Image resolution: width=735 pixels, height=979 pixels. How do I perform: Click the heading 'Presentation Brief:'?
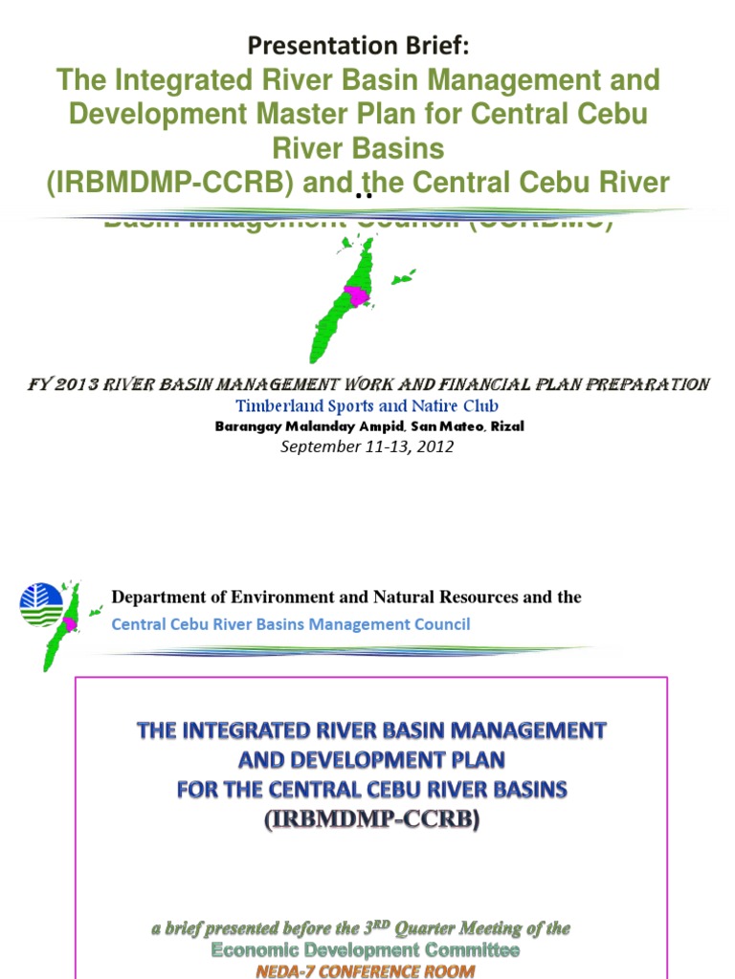coord(360,45)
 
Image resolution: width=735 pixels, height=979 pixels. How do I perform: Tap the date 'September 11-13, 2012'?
coord(367,446)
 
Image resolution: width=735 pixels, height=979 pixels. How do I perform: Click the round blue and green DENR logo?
coord(40,605)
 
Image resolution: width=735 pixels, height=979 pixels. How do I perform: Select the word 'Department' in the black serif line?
coord(158,598)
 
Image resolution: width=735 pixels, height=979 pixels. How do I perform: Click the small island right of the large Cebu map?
coord(404,277)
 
